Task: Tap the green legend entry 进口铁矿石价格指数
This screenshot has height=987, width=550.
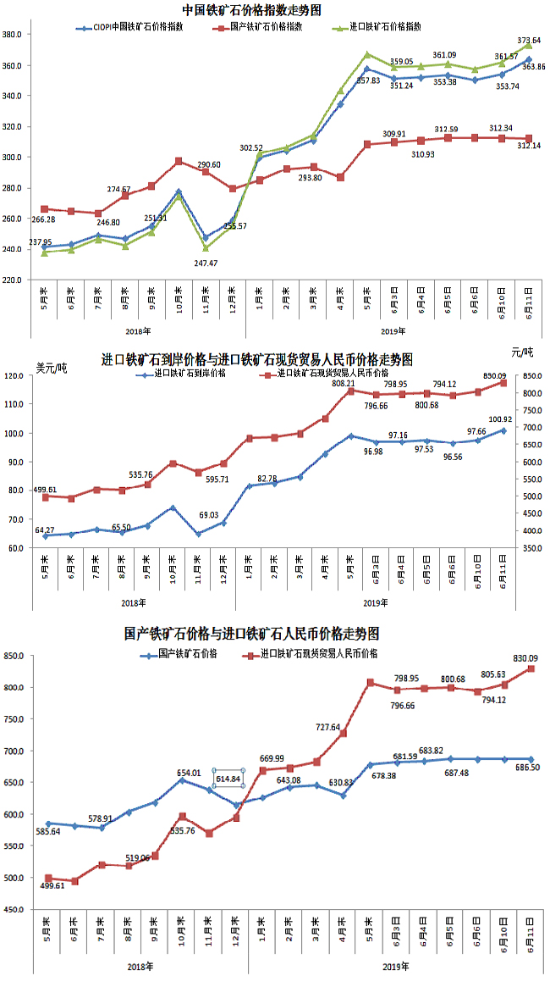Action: (x=386, y=27)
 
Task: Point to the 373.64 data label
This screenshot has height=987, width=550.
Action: (x=529, y=40)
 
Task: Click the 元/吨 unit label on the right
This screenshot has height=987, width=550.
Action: (x=523, y=352)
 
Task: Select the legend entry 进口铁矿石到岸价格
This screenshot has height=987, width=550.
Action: (x=186, y=372)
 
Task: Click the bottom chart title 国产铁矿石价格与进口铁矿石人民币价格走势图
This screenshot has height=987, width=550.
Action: (x=251, y=633)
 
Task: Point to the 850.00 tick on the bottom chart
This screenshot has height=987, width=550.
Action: (x=17, y=656)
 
